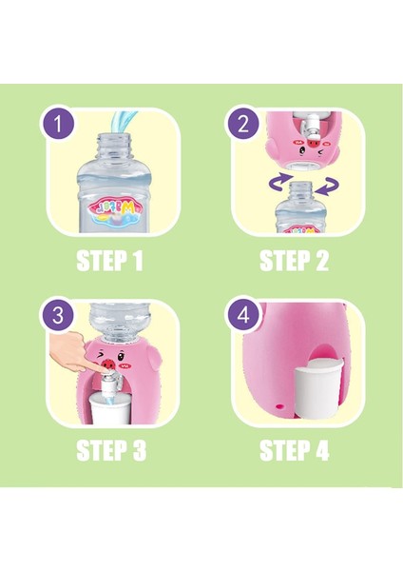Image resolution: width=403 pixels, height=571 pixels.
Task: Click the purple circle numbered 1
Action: coord(58,124)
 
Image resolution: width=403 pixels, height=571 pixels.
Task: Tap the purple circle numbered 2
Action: coord(243,124)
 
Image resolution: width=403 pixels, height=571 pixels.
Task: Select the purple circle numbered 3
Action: coord(58,315)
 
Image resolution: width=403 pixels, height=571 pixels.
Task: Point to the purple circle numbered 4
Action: coord(243,315)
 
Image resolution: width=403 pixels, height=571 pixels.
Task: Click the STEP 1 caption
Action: coord(109,261)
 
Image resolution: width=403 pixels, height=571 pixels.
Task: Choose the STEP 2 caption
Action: coord(295,261)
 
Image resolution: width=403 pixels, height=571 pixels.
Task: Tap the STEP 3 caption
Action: coord(111,450)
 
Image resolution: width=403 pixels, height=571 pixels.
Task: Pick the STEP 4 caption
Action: coord(295,450)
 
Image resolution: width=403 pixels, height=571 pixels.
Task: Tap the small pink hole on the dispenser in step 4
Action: coord(280,405)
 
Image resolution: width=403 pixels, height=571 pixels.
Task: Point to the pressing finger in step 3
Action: coord(71,352)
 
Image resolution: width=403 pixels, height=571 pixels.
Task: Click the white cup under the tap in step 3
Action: coord(110,408)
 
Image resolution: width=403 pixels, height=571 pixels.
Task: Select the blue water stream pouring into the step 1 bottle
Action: coord(123,121)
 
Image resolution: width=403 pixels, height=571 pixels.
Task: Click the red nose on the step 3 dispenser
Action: coord(108,364)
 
